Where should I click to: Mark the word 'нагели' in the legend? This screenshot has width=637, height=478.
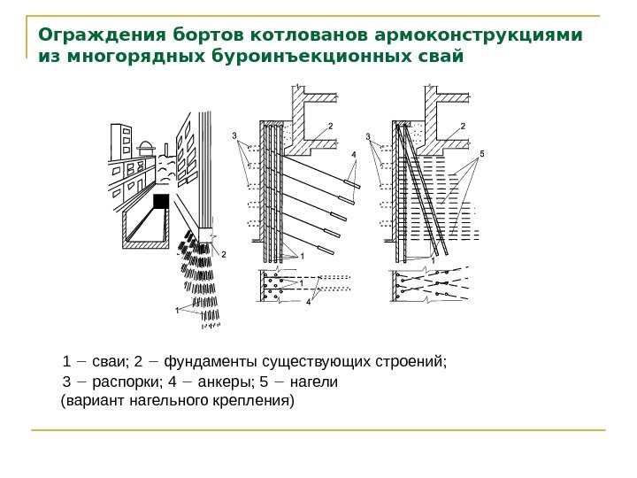[x=314, y=382]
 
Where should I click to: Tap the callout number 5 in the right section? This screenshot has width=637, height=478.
[x=481, y=153]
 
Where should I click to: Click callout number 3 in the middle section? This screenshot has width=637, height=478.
[x=234, y=135]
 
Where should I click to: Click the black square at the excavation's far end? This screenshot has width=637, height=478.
[x=160, y=201]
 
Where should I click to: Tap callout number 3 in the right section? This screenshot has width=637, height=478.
[x=367, y=135]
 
